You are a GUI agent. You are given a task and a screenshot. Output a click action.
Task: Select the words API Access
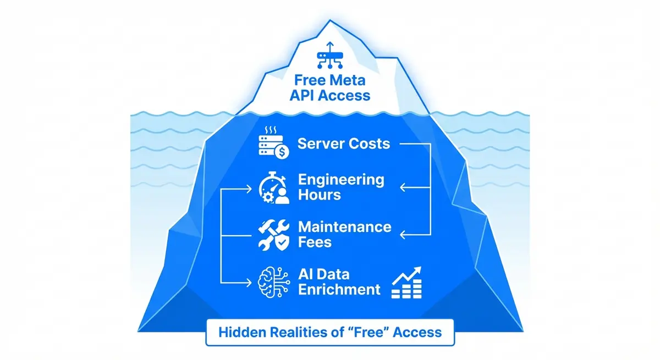[x=330, y=95]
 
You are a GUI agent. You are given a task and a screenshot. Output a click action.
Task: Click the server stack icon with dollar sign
[x=273, y=144]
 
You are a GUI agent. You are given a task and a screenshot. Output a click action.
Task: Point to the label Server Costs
[x=344, y=144]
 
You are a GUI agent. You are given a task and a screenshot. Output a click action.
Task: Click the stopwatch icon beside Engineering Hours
[x=273, y=188]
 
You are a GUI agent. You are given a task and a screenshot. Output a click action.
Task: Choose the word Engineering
[x=341, y=180]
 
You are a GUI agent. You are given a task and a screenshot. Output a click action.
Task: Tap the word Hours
[x=319, y=195]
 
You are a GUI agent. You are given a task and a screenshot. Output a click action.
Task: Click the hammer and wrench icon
[x=273, y=235]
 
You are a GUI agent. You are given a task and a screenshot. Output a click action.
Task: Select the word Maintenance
[x=345, y=227]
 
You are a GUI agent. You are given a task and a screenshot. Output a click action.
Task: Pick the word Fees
[x=315, y=242]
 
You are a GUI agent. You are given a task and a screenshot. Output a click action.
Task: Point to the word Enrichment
[x=339, y=290]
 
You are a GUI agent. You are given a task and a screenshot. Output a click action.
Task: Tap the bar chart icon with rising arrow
[x=406, y=283]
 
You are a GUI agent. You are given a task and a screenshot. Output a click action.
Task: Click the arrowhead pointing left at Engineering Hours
[x=403, y=188]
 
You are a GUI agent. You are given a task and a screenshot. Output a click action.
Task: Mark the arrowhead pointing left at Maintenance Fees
[x=403, y=235]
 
